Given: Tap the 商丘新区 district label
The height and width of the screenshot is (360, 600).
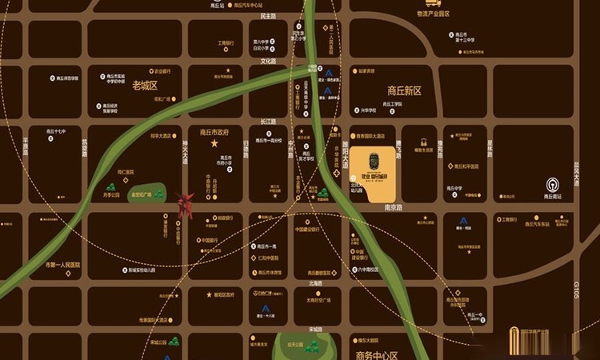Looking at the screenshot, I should (x=403, y=91).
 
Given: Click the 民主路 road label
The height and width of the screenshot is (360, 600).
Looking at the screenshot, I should (x=268, y=15).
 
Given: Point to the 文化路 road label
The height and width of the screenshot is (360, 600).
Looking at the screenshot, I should (x=268, y=61).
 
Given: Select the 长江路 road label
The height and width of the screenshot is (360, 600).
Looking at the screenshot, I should (x=267, y=121).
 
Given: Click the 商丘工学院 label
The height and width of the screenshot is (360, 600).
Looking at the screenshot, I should (x=391, y=104).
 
